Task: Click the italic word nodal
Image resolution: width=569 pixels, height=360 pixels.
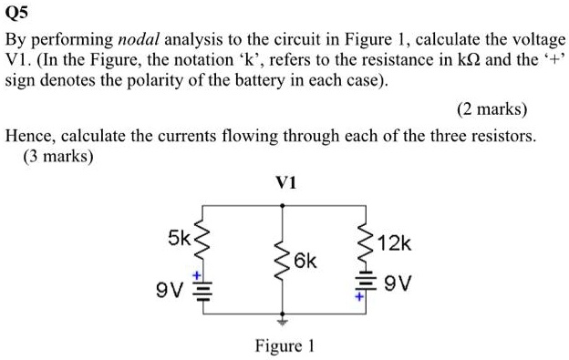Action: click(x=137, y=41)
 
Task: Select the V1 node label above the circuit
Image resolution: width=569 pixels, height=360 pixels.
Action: click(x=283, y=181)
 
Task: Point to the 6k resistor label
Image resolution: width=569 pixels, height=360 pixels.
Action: click(x=305, y=262)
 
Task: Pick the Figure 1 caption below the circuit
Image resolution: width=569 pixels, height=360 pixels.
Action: click(x=284, y=346)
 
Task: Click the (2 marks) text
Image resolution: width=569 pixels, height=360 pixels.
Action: click(x=492, y=109)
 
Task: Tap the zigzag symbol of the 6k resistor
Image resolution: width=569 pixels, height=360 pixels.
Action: click(x=282, y=262)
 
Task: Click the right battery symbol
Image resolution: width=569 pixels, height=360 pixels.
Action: click(x=367, y=284)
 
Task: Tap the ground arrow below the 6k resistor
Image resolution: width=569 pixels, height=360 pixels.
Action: click(x=283, y=321)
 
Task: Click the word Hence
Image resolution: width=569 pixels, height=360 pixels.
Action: click(x=28, y=137)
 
